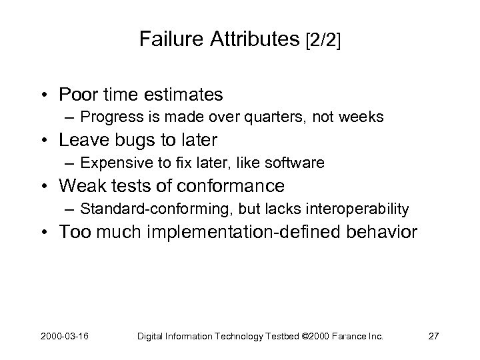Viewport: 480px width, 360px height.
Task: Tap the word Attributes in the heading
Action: [253, 40]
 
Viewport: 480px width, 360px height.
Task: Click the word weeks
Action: [361, 117]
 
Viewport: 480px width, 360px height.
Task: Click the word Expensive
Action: [111, 163]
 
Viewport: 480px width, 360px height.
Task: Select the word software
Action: [298, 163]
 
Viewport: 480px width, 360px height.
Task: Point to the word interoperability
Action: [358, 209]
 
